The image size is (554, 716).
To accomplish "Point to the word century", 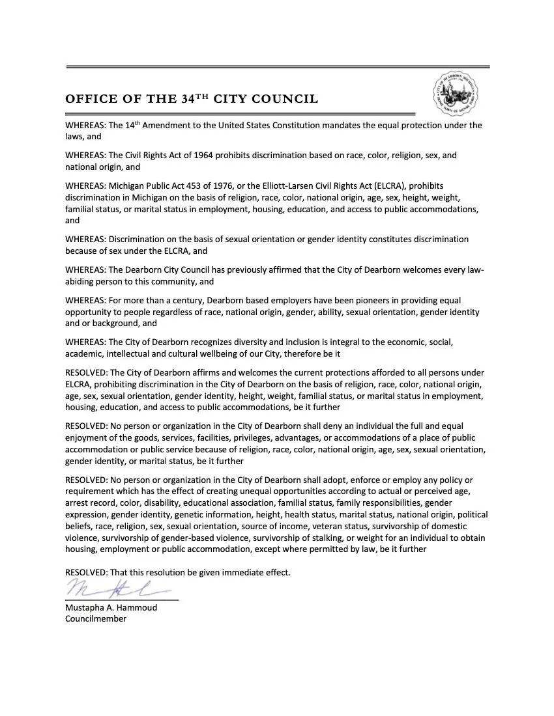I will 188,301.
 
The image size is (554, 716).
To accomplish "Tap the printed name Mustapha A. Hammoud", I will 111,607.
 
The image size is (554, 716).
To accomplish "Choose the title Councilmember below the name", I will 96,619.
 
